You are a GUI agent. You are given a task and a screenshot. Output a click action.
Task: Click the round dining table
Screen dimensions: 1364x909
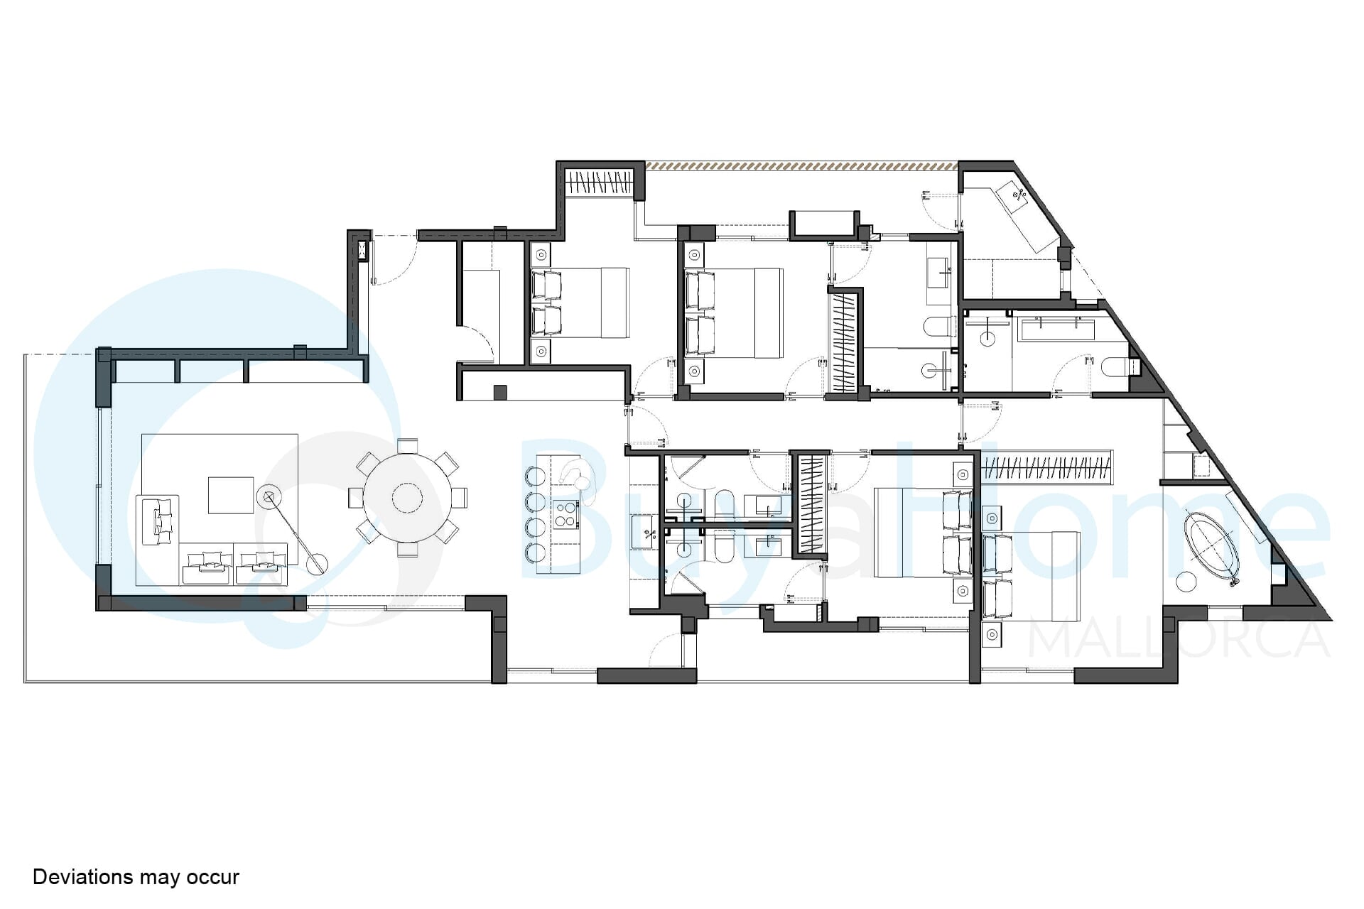tap(407, 498)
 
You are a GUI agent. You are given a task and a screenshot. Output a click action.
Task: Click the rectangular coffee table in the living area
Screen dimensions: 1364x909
tap(231, 495)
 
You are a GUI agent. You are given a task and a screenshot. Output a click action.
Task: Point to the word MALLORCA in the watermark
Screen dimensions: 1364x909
tap(1179, 638)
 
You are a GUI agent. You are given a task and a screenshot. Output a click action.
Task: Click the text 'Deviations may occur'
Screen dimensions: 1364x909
tap(136, 877)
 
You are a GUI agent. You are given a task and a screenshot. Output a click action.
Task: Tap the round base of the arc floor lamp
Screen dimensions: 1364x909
tap(317, 563)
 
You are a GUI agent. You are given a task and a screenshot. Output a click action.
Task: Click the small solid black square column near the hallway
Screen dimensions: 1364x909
tap(500, 392)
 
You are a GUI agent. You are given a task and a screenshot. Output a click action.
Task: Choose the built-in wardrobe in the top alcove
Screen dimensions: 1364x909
tap(599, 184)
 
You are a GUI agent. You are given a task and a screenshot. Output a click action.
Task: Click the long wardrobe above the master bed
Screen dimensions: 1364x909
tap(1046, 467)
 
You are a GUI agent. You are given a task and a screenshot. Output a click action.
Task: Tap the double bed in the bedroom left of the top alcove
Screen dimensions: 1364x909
tap(580, 303)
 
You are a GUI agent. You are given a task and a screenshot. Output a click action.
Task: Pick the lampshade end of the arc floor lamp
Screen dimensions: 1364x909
tap(269, 497)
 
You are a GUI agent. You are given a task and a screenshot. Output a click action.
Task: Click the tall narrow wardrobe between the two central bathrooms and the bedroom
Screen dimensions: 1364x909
tap(811, 504)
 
